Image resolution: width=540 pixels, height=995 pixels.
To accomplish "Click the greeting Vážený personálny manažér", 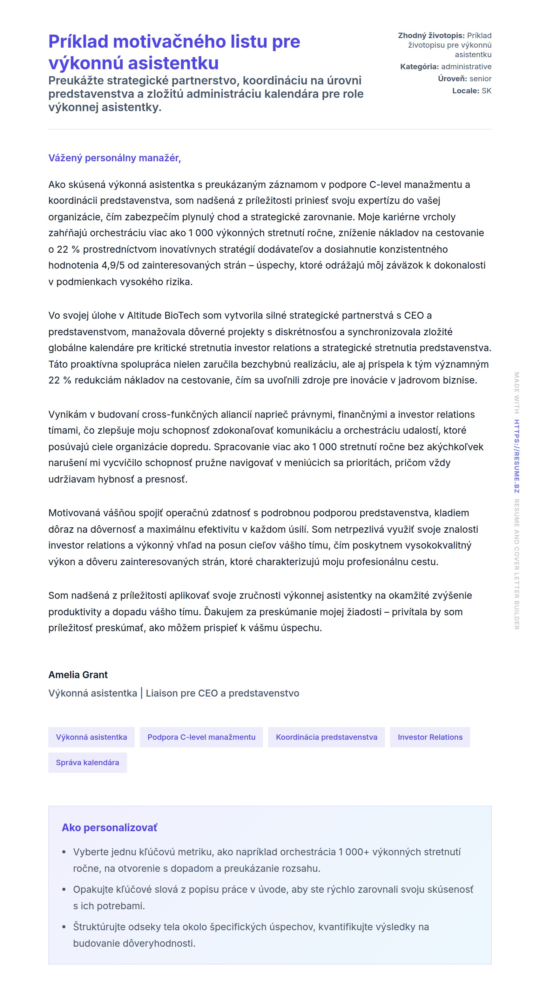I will pos(114,158).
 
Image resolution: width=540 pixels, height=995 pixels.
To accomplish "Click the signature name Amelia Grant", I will pos(78,675).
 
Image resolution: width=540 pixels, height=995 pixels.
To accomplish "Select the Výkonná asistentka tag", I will pos(91,737).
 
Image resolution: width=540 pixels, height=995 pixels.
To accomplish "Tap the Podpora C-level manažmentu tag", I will pos(201,737).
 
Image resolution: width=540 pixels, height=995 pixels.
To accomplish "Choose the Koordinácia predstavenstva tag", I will pos(326,737).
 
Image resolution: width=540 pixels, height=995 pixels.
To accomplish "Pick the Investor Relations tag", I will pos(430,737).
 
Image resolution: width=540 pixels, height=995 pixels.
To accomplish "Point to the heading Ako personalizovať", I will pos(109,827).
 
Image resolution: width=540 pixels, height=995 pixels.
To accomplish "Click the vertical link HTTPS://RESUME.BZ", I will pos(516,456).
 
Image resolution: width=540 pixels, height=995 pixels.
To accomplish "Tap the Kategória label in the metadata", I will pos(419,67).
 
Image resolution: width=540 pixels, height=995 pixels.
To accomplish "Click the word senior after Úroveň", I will pos(481,79).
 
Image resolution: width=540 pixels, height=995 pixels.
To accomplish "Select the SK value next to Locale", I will pos(487,91).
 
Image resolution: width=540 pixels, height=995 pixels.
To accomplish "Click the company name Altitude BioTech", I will pos(163,316).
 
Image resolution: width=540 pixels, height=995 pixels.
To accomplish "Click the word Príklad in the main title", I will pos(78,42).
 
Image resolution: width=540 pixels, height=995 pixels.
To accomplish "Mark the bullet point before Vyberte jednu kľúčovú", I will pos(64,852).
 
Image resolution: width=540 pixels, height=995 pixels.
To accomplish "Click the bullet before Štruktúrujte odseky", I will pos(64,927).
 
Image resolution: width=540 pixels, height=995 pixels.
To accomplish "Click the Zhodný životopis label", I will pos(431,36).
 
